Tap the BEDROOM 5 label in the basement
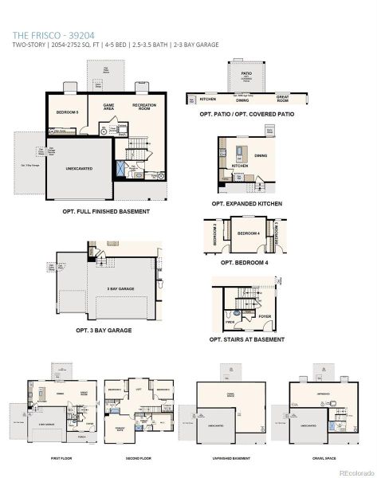(x=66, y=112)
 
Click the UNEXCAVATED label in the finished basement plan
(x=80, y=169)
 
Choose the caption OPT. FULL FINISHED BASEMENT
(x=105, y=211)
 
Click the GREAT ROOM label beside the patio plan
(x=282, y=100)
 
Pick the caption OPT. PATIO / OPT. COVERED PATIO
(x=248, y=114)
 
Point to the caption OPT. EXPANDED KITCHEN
(x=246, y=203)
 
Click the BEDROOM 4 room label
(x=248, y=233)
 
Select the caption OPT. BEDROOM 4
(x=245, y=261)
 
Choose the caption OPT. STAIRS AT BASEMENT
(x=246, y=339)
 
